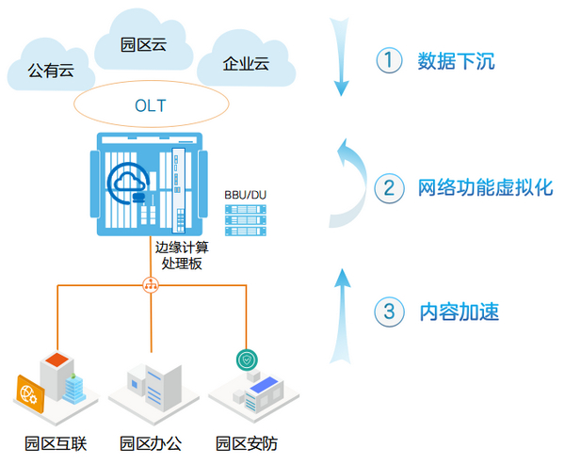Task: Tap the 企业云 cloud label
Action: tap(246, 64)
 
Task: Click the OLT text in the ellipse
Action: tap(150, 105)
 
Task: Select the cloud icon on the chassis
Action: tap(128, 184)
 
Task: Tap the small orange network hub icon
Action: tap(151, 283)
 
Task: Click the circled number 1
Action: tap(390, 62)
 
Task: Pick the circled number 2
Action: tap(390, 187)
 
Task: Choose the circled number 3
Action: tap(390, 312)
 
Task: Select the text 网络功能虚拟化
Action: tap(485, 187)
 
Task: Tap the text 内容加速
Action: tap(458, 312)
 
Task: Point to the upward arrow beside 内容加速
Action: tap(342, 314)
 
